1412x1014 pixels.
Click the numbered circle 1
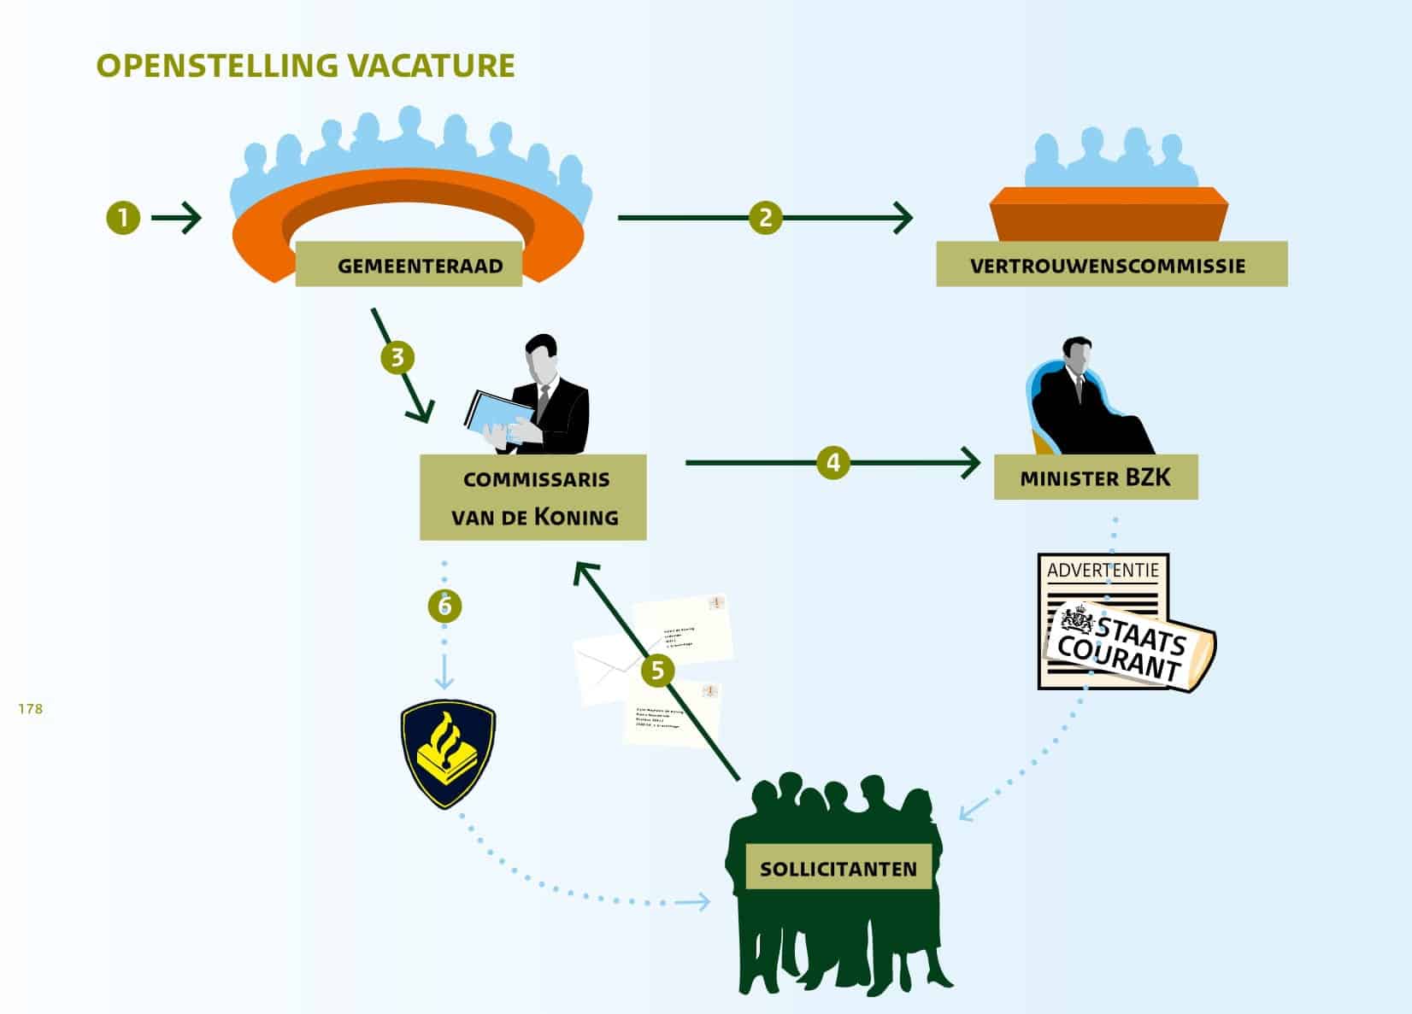click(x=123, y=218)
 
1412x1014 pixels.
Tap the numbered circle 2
click(x=765, y=218)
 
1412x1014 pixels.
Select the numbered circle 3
click(x=397, y=357)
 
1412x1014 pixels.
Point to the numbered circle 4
click(x=832, y=463)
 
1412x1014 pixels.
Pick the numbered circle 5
click(x=656, y=670)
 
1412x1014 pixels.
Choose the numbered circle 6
click(x=444, y=606)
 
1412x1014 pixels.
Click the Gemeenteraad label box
click(x=409, y=265)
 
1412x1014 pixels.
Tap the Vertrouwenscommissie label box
click(x=1111, y=265)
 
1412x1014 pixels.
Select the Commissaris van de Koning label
click(x=532, y=497)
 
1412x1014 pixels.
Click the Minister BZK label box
click(x=1095, y=478)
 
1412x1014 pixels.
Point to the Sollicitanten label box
click(x=838, y=869)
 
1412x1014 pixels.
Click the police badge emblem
click(x=448, y=753)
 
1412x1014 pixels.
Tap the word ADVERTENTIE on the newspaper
click(x=1103, y=570)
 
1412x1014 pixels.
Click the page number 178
click(x=30, y=708)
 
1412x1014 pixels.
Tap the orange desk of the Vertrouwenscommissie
click(x=1109, y=214)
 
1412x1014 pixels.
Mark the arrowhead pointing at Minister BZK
click(x=971, y=463)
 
